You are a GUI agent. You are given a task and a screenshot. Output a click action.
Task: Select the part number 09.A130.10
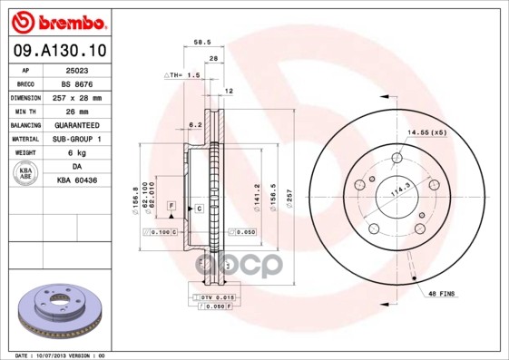point(57,51)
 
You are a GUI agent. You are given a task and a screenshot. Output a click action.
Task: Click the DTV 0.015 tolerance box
point(214,297)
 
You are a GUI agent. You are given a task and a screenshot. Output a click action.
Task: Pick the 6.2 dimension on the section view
point(194,124)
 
